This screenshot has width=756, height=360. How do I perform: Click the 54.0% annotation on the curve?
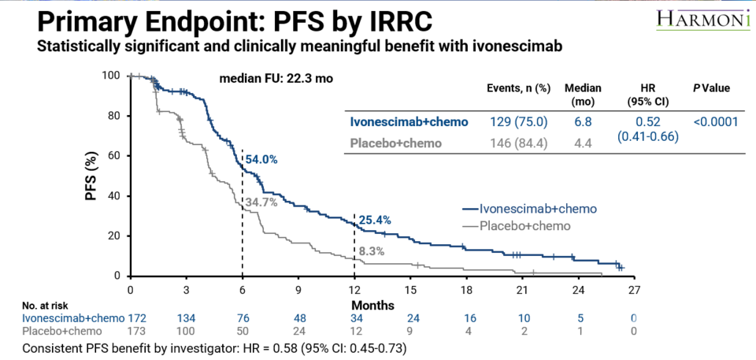point(261,159)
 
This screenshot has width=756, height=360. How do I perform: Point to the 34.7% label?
point(261,202)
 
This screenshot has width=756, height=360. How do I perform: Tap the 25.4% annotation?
point(374,220)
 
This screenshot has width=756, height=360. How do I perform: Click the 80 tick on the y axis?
point(113,116)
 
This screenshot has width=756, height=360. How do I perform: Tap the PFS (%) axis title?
point(92,178)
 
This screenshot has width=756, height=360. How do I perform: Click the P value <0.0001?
point(717,122)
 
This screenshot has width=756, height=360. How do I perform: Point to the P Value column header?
point(711,88)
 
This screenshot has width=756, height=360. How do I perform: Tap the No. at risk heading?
point(48,305)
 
